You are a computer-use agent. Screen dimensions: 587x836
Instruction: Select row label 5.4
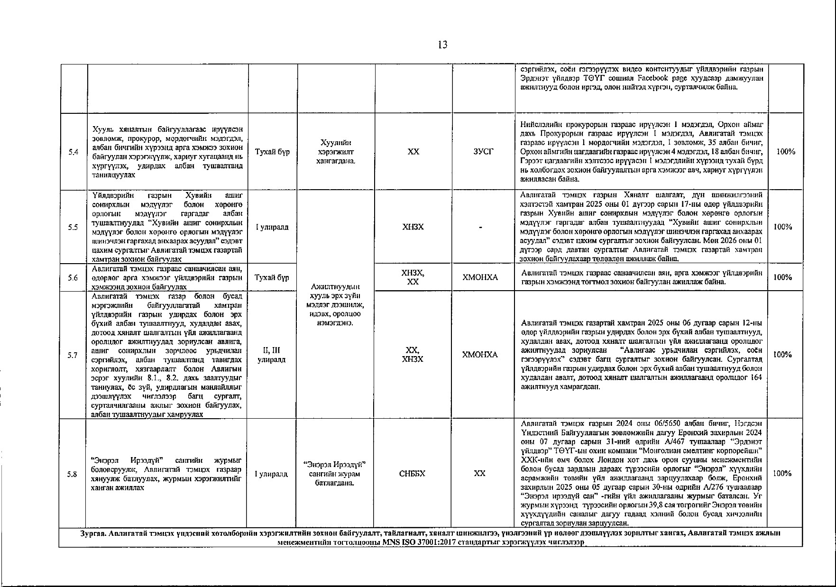[73, 152]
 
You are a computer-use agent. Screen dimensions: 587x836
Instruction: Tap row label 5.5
[73, 227]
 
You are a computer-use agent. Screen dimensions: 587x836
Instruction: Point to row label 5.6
[73, 277]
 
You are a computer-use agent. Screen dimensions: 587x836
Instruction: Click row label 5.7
[73, 355]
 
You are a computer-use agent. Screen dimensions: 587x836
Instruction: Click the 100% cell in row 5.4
[786, 152]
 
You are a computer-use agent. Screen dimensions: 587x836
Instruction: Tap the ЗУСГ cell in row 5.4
[483, 152]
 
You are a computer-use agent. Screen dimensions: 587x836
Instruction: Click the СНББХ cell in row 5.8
[413, 474]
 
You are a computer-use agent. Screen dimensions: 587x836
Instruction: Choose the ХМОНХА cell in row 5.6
[480, 277]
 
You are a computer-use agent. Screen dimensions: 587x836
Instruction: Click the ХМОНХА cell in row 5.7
[480, 355]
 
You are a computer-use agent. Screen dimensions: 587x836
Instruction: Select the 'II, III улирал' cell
[271, 355]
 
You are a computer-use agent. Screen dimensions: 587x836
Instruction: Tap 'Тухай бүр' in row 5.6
[272, 277]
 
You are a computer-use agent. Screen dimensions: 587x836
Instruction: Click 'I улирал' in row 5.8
[271, 474]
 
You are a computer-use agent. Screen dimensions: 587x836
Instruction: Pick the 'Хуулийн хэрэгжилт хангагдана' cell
[336, 152]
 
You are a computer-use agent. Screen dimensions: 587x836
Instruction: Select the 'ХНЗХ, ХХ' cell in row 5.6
[413, 277]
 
